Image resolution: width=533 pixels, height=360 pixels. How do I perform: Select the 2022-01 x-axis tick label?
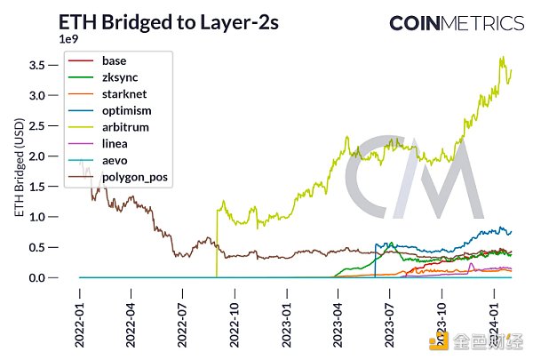[x=80, y=312]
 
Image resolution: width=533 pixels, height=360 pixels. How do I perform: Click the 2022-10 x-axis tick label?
[x=235, y=312]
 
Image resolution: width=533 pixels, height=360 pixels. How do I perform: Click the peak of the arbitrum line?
[x=503, y=57]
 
